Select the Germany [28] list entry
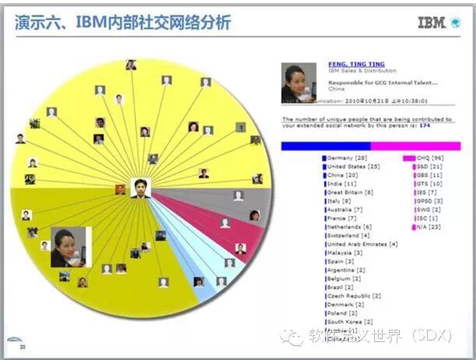coord(346,158)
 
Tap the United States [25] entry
coord(352,166)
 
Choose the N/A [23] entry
coord(428,227)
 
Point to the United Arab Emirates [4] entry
coord(362,244)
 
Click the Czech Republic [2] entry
coord(354,295)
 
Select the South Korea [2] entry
coord(350,321)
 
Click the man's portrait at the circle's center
coord(140,187)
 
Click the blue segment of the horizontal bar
coord(326,145)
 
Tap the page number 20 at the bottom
coord(23,348)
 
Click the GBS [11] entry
coord(429,175)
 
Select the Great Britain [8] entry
coord(350,192)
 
